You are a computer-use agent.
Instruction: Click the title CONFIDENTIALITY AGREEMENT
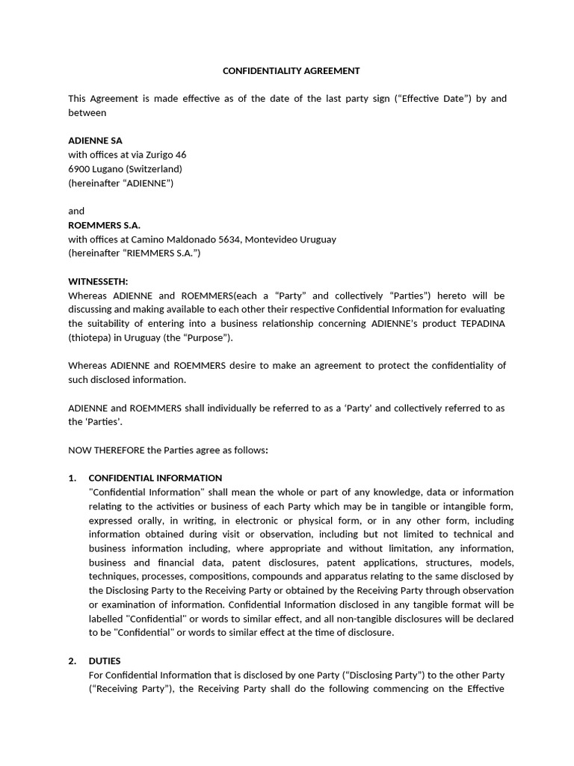pos(291,71)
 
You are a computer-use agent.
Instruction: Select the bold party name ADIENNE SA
pos(95,141)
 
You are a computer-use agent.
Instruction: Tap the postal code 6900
pos(78,169)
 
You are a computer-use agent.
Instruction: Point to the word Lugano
pos(108,169)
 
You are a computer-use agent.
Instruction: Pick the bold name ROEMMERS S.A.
pos(104,225)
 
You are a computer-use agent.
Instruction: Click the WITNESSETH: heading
pos(98,281)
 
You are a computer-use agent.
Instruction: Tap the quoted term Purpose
pos(209,337)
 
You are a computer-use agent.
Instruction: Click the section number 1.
pos(72,478)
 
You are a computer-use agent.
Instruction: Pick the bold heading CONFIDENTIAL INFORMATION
pos(155,478)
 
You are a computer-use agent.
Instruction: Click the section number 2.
pos(72,661)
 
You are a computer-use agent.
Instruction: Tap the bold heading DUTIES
pos(105,661)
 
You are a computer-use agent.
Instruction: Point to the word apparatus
pos(383,576)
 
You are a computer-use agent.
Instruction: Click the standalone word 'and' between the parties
pos(76,211)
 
